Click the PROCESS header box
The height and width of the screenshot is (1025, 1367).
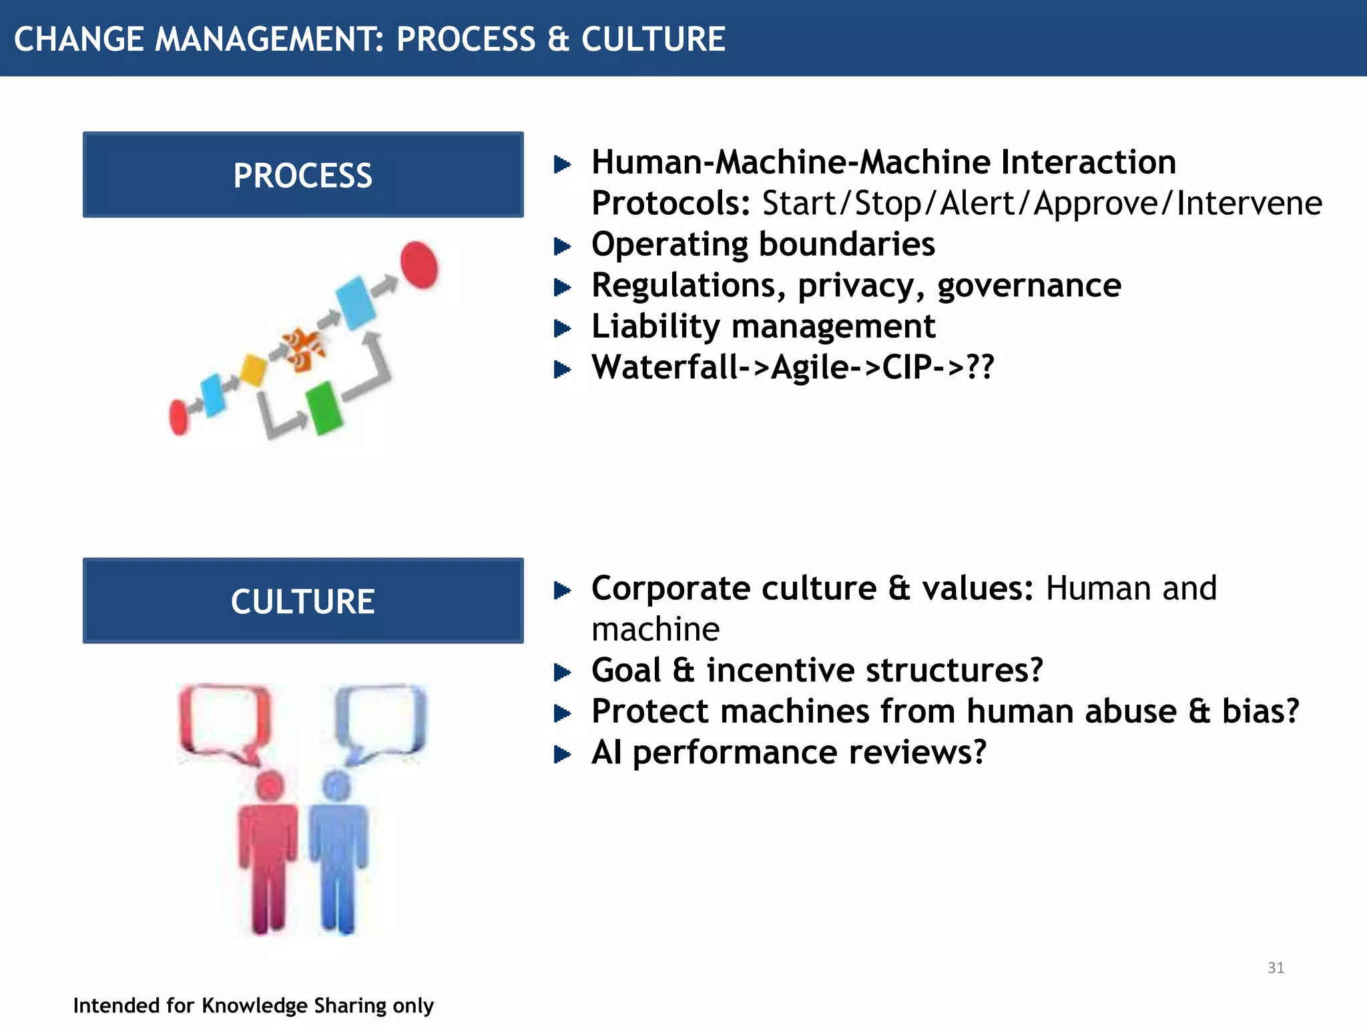point(303,175)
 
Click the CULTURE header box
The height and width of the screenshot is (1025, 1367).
point(303,601)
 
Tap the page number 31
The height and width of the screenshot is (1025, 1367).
point(1276,968)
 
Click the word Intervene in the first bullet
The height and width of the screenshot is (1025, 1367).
point(1248,203)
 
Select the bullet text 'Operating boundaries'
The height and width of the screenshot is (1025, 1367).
point(762,244)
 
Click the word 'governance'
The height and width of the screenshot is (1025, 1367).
point(1029,286)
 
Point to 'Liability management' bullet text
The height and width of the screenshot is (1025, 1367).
point(763,326)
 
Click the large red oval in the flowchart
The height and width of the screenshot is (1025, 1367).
point(419,265)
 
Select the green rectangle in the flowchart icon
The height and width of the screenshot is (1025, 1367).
point(324,408)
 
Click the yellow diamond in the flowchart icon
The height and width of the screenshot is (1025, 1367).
point(253,370)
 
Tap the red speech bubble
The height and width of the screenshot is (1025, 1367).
point(226,721)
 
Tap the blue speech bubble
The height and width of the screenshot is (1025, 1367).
point(382,721)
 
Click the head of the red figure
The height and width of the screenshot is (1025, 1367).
point(270,786)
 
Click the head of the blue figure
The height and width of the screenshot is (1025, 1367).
point(336,786)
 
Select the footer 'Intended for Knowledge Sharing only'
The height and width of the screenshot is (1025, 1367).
point(253,1005)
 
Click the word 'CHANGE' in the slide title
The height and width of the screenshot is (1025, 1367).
point(78,39)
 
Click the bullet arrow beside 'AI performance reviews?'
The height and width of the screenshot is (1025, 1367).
point(563,755)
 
